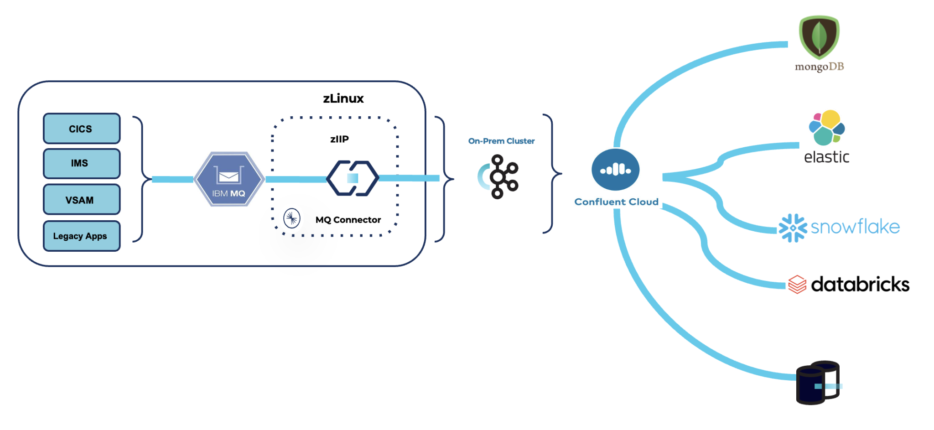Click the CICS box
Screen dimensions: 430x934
tap(82, 129)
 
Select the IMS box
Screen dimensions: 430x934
tap(82, 163)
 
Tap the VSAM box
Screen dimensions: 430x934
tap(82, 200)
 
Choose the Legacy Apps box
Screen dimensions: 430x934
tap(82, 236)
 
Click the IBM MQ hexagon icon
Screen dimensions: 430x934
tap(229, 179)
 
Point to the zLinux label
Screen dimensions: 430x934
tap(343, 98)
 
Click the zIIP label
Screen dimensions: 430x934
tap(339, 139)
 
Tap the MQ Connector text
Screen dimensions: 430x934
tap(348, 220)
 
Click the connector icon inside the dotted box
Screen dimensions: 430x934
tap(353, 178)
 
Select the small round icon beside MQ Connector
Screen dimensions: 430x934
tap(292, 218)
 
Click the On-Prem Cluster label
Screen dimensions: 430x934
tap(501, 141)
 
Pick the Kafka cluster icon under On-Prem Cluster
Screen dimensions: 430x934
tap(499, 176)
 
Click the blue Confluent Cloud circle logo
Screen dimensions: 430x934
tap(615, 170)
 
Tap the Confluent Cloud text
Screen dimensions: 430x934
tap(616, 202)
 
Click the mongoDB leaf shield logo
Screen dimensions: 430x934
tap(819, 37)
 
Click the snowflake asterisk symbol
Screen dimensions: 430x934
tap(793, 228)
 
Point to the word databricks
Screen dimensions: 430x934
tap(860, 284)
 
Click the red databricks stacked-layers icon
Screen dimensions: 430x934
tap(797, 285)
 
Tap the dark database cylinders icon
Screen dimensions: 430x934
tap(818, 383)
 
